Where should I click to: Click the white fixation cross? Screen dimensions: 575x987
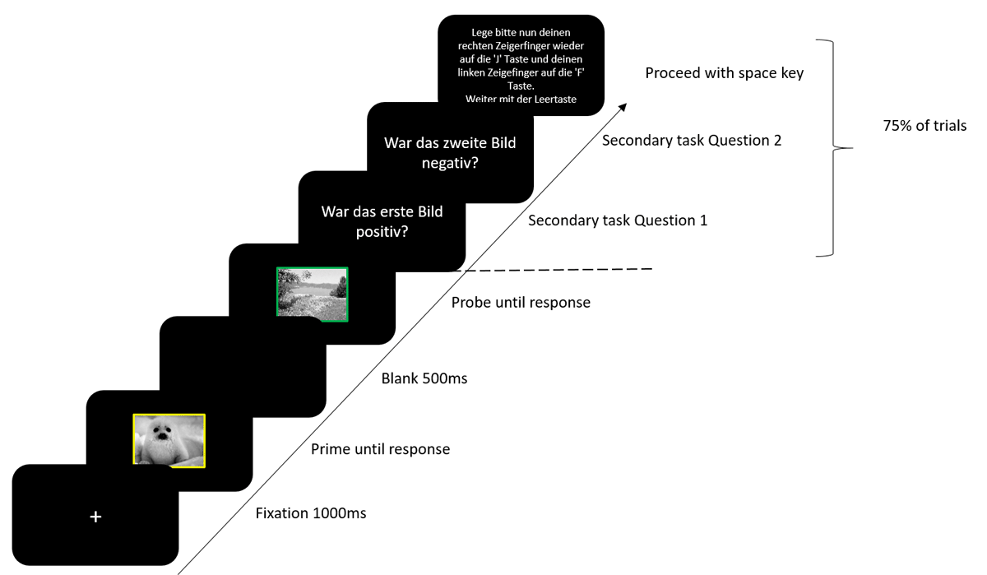tap(95, 517)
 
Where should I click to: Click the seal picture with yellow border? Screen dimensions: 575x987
tap(169, 441)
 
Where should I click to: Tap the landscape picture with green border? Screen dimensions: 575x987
tap(313, 294)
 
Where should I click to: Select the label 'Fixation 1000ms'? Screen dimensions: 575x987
tap(311, 514)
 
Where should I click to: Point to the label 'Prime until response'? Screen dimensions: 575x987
tap(380, 449)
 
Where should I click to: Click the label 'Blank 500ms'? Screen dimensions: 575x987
tap(424, 379)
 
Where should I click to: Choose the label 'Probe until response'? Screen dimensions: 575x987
tap(521, 303)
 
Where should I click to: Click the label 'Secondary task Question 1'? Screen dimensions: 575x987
tap(617, 220)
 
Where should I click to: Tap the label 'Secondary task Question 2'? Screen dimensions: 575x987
tap(691, 141)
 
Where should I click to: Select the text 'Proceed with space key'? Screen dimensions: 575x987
tap(724, 73)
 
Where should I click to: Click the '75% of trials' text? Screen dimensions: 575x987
tap(924, 126)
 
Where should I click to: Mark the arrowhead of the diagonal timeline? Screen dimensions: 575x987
tap(623, 106)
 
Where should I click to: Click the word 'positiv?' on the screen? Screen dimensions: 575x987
tap(382, 231)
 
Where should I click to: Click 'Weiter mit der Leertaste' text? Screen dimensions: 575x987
tap(521, 100)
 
